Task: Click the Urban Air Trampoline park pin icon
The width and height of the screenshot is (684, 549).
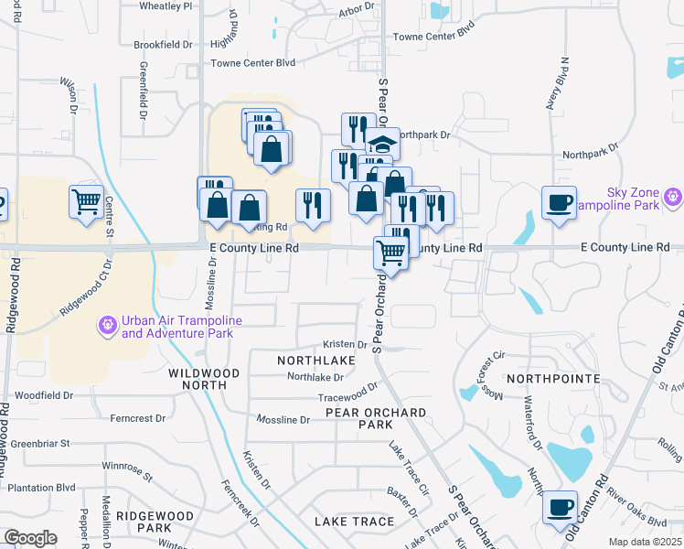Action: (108, 325)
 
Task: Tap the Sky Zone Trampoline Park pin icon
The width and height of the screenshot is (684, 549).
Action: (674, 196)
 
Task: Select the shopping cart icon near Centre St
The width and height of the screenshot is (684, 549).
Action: (86, 201)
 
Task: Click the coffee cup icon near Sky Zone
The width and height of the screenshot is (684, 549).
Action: (558, 202)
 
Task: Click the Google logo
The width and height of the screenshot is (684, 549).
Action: (29, 538)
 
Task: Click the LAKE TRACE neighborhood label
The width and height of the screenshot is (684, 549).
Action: (354, 522)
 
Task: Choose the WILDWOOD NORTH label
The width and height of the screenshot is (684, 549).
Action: (204, 379)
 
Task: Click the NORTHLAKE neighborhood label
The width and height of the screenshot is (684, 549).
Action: (315, 361)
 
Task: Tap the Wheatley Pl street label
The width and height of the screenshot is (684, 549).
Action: (166, 5)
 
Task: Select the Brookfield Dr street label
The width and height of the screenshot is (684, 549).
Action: (162, 44)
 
